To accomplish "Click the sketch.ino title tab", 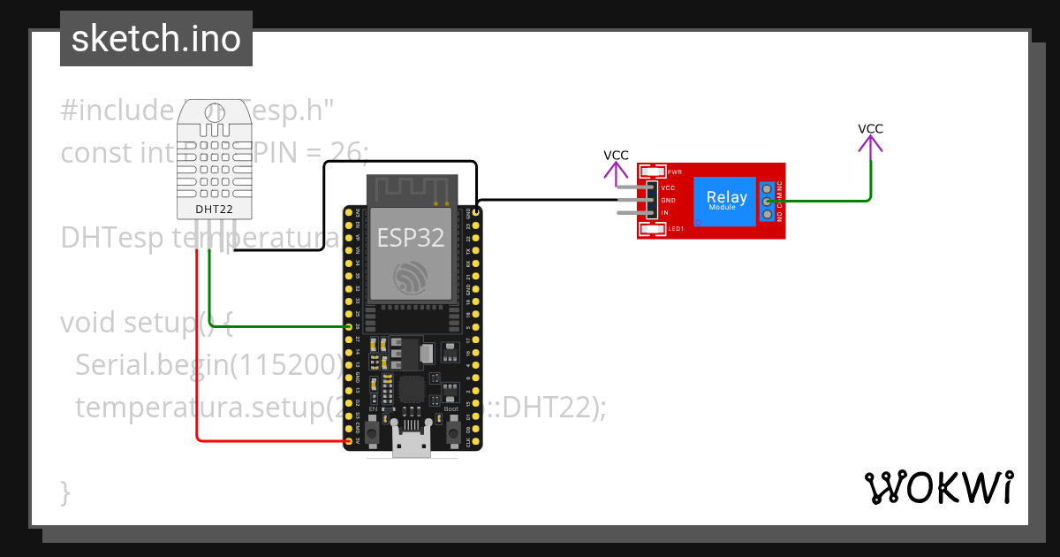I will pyautogui.click(x=156, y=39).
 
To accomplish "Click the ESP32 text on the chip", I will pyautogui.click(x=411, y=237).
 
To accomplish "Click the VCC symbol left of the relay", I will pyautogui.click(x=616, y=164).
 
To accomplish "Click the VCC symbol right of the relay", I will pyautogui.click(x=870, y=138).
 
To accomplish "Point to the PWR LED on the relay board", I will pyautogui.click(x=654, y=172).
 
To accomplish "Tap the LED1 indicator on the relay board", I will pyautogui.click(x=654, y=230).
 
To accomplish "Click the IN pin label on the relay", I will pyautogui.click(x=664, y=213).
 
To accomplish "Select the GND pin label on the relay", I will pyautogui.click(x=668, y=201).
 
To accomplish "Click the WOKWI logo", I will pyautogui.click(x=938, y=488).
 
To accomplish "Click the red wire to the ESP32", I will pyautogui.click(x=196, y=371).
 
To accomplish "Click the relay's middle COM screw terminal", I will pyautogui.click(x=767, y=201).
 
